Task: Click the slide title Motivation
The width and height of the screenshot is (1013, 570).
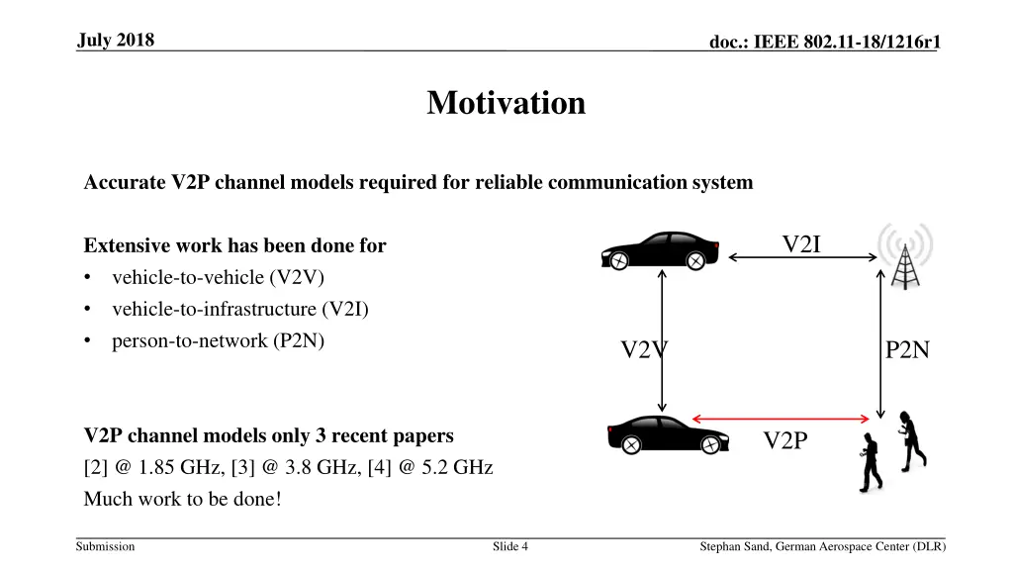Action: [506, 103]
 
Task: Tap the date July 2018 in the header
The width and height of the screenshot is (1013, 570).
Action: [115, 40]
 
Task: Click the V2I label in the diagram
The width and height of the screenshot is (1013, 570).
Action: [801, 244]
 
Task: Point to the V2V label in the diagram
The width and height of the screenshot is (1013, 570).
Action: [644, 350]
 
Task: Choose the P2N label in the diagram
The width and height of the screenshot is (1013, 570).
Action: [907, 350]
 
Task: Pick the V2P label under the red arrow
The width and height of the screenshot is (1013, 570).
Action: [785, 440]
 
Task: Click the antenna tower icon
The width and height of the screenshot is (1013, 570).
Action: [904, 255]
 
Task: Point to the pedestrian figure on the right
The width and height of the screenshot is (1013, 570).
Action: [912, 439]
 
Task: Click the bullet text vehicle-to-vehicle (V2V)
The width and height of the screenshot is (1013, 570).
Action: [218, 277]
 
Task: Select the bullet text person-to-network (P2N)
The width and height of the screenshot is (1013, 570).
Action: [218, 340]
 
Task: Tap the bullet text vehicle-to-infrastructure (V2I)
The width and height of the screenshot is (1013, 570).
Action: [239, 309]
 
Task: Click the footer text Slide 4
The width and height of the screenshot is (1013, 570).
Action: [510, 546]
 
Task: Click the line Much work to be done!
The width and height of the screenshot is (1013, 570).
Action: [182, 499]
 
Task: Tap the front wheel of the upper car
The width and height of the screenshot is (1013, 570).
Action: [618, 260]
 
